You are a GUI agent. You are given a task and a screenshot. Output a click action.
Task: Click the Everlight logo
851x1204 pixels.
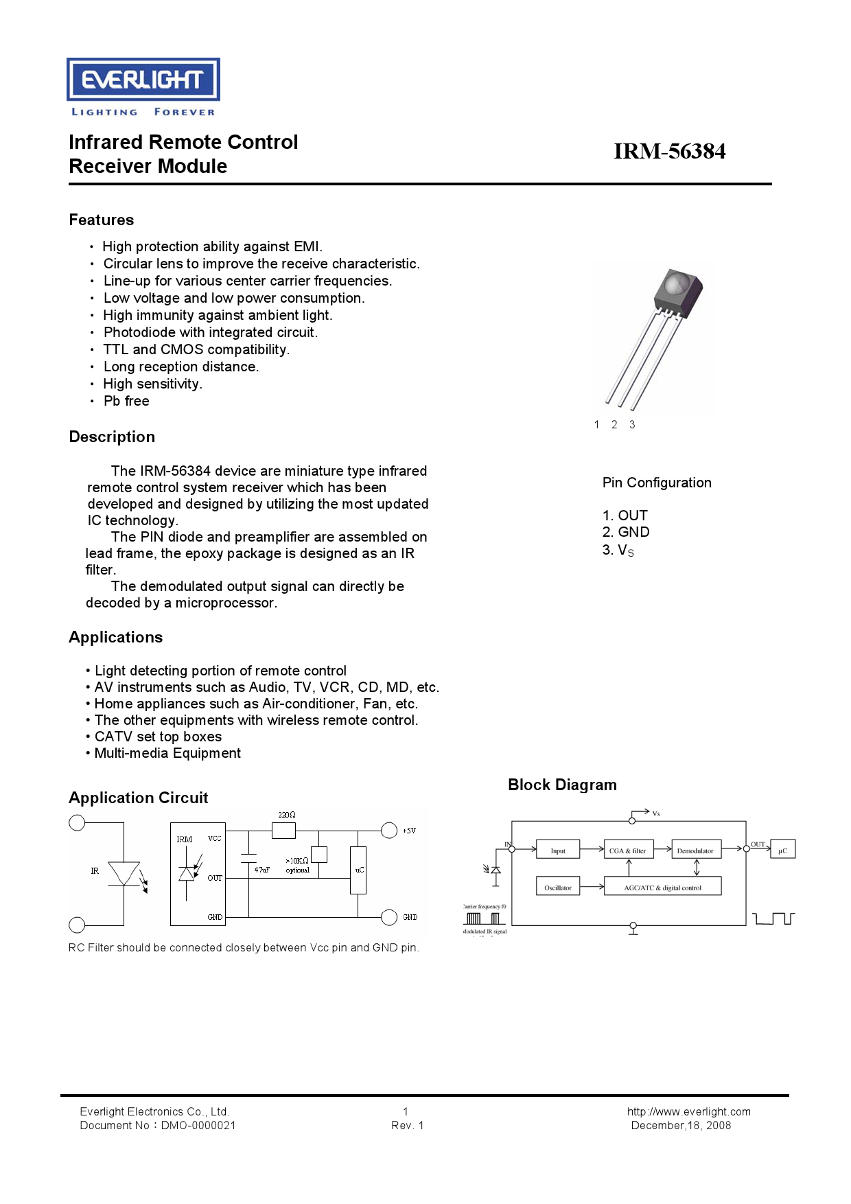(x=143, y=80)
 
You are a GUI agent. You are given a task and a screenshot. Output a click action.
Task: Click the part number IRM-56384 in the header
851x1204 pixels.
(x=669, y=152)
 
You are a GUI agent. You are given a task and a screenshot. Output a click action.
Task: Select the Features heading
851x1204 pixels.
(x=102, y=220)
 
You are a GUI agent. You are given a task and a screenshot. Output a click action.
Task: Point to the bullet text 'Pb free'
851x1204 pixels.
(x=126, y=402)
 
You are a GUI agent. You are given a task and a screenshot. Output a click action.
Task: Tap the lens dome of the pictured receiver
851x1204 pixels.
(x=678, y=283)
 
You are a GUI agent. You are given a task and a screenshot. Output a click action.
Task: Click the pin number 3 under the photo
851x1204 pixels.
(x=632, y=425)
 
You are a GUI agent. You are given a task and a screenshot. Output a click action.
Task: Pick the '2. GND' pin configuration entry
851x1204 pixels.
(x=626, y=533)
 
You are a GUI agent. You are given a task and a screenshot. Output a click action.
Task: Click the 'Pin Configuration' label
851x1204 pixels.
(x=657, y=483)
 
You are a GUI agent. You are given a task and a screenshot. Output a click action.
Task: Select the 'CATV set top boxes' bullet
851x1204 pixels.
(x=158, y=737)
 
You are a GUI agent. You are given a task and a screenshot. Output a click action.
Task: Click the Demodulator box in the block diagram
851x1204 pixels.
(x=695, y=850)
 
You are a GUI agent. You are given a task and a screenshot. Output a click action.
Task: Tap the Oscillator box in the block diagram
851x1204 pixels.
(x=557, y=887)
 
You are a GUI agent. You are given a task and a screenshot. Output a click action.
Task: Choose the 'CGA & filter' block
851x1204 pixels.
(x=627, y=850)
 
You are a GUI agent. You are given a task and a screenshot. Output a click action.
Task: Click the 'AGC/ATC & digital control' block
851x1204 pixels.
(x=662, y=887)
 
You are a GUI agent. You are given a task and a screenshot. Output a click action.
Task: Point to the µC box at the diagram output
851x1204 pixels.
(x=782, y=850)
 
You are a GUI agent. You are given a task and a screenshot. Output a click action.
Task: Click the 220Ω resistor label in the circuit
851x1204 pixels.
(x=287, y=815)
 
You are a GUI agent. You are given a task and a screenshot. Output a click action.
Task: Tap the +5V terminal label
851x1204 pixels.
(x=409, y=831)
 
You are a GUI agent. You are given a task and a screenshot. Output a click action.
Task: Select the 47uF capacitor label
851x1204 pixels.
(x=261, y=870)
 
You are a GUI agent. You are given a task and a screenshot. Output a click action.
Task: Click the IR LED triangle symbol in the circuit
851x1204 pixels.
(x=124, y=874)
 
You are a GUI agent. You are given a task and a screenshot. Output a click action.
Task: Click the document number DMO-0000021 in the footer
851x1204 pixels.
(x=198, y=1126)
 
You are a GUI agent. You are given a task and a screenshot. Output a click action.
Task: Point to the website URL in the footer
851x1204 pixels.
(x=688, y=1112)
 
